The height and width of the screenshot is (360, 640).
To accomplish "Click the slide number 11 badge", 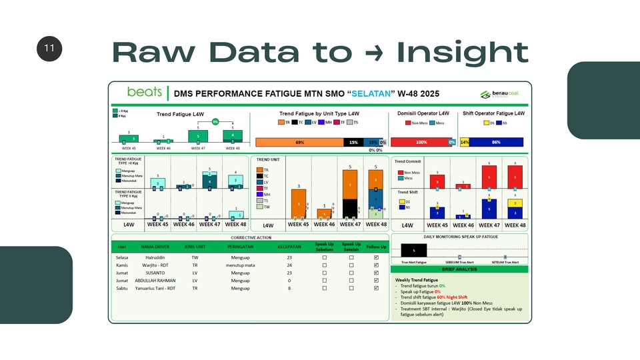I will tap(49, 49).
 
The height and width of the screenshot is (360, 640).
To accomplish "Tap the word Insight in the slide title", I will tap(462, 52).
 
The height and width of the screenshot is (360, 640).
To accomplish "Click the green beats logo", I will tap(144, 92).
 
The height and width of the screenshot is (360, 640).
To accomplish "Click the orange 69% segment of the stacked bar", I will tap(299, 142).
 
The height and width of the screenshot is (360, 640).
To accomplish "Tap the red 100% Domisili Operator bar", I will tap(421, 142).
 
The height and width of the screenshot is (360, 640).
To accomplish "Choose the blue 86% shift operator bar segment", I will tap(496, 142).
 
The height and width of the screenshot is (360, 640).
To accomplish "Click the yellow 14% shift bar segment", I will tap(465, 142).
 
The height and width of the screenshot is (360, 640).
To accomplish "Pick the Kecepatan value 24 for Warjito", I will tap(289, 265).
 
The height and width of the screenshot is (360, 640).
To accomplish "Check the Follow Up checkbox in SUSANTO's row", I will tap(377, 273).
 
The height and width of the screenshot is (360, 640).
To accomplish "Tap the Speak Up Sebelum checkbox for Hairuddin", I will tap(325, 257).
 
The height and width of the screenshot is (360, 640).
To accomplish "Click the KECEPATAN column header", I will tap(289, 247).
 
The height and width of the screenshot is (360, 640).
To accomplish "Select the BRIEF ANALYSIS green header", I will tap(459, 269).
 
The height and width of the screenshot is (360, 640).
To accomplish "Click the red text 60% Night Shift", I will tap(452, 297).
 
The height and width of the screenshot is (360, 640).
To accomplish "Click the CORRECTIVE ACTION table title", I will tap(250, 237).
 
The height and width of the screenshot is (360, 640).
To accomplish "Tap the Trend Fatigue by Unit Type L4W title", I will tap(319, 114).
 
